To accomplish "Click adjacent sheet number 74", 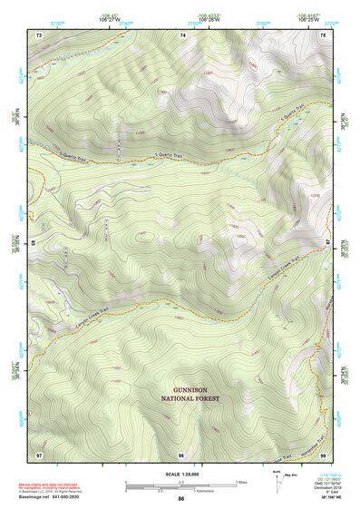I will (184, 34).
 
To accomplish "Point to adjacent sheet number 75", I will (324, 34).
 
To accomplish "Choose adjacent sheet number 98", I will (181, 453).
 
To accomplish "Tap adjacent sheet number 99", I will (324, 453).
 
